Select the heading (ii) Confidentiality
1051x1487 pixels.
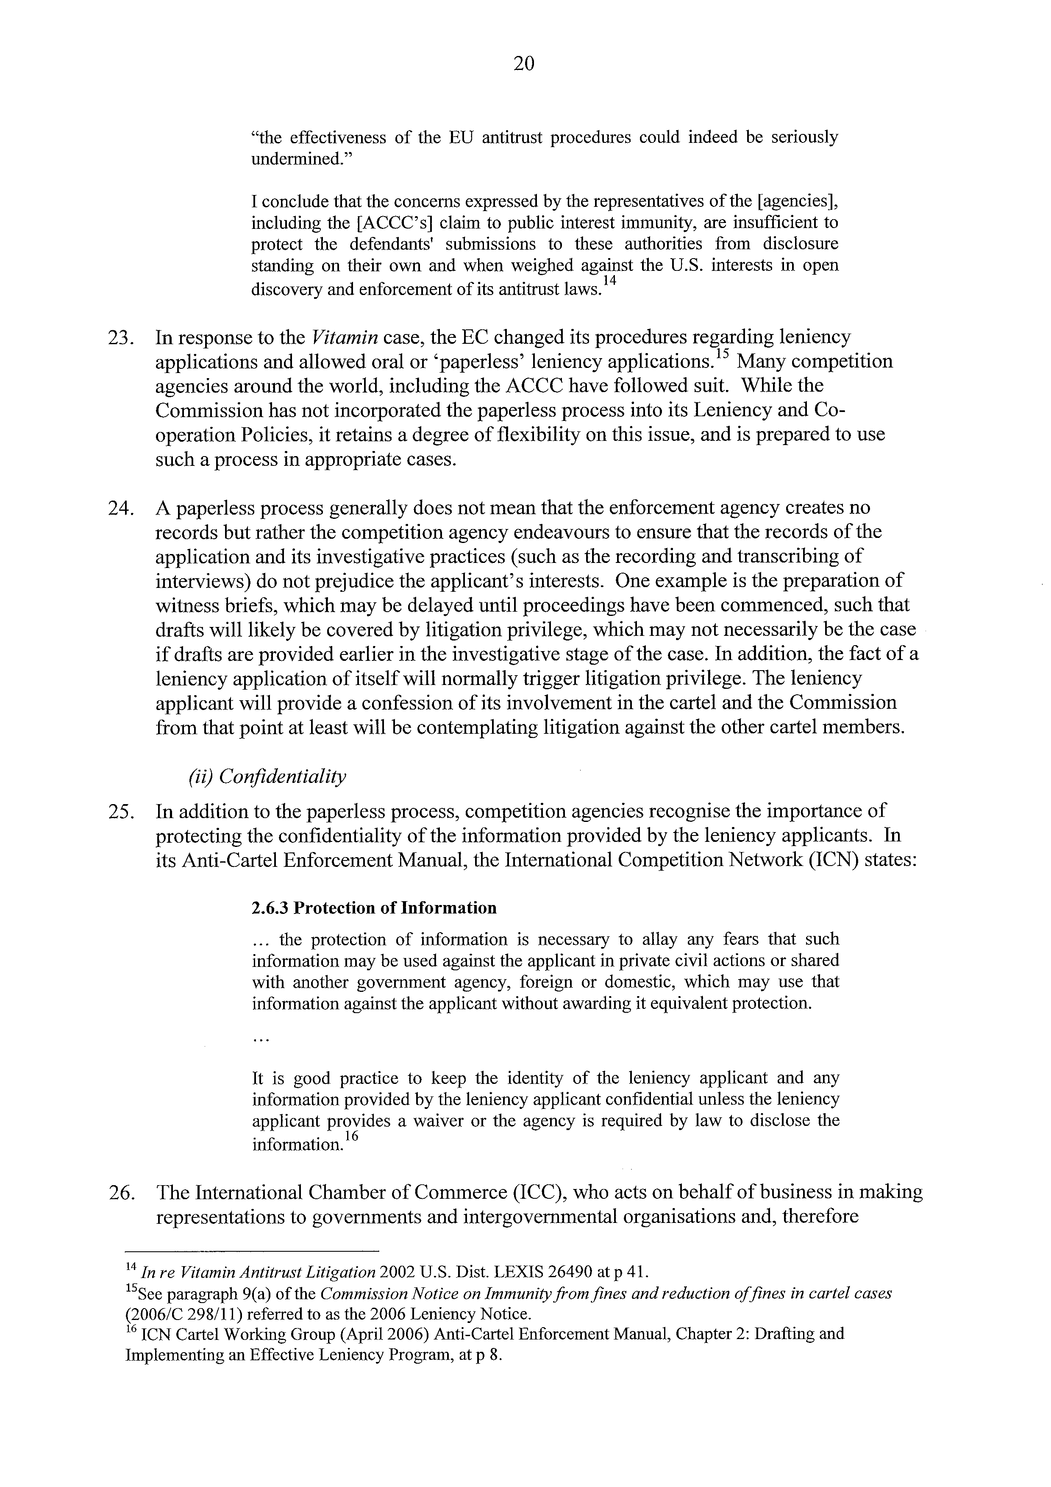point(267,777)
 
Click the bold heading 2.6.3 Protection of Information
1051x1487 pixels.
point(374,908)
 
